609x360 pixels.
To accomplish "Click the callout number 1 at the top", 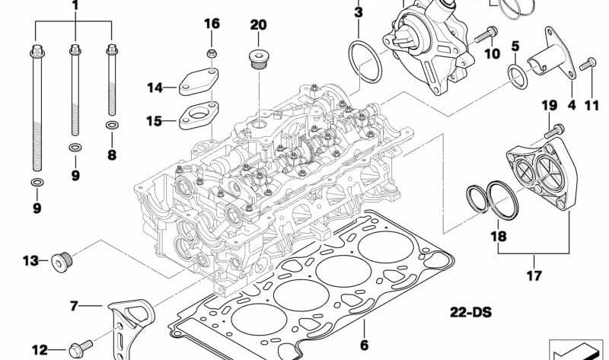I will click(x=75, y=6).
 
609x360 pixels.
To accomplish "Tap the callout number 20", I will click(x=258, y=25).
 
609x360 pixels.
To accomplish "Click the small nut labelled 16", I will click(x=212, y=54).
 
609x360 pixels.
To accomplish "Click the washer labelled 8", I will click(x=112, y=124).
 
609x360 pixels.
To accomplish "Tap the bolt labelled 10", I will click(x=486, y=33).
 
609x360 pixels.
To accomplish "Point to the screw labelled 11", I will click(x=586, y=66).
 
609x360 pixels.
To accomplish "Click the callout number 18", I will click(x=498, y=237).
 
